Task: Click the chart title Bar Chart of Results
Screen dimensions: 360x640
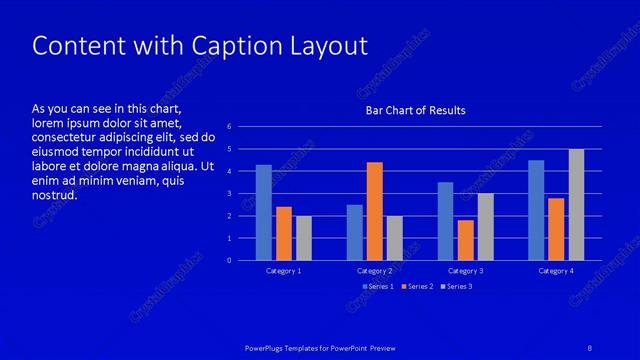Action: coord(415,110)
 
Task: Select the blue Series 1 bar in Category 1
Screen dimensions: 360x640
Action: coord(264,212)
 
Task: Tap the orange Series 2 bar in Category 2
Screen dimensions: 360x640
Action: coord(375,211)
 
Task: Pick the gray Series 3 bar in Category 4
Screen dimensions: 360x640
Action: coord(576,204)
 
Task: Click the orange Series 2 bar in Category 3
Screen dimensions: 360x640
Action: coord(465,240)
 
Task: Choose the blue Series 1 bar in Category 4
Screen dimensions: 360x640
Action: coord(536,210)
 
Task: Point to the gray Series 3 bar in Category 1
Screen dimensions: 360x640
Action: coord(304,238)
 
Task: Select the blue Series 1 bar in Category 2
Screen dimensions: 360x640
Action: coord(355,232)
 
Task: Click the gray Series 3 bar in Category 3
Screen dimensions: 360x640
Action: coord(485,227)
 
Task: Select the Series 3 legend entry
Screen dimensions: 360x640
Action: coord(457,287)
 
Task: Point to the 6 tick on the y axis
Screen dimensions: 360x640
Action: coord(229,127)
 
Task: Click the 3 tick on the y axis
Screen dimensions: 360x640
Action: coord(229,194)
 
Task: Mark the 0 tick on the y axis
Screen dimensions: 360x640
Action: coord(229,261)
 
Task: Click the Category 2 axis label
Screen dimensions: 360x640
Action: coord(375,271)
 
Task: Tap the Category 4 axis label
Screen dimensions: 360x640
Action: coord(556,271)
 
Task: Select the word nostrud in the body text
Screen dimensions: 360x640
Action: coord(54,195)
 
